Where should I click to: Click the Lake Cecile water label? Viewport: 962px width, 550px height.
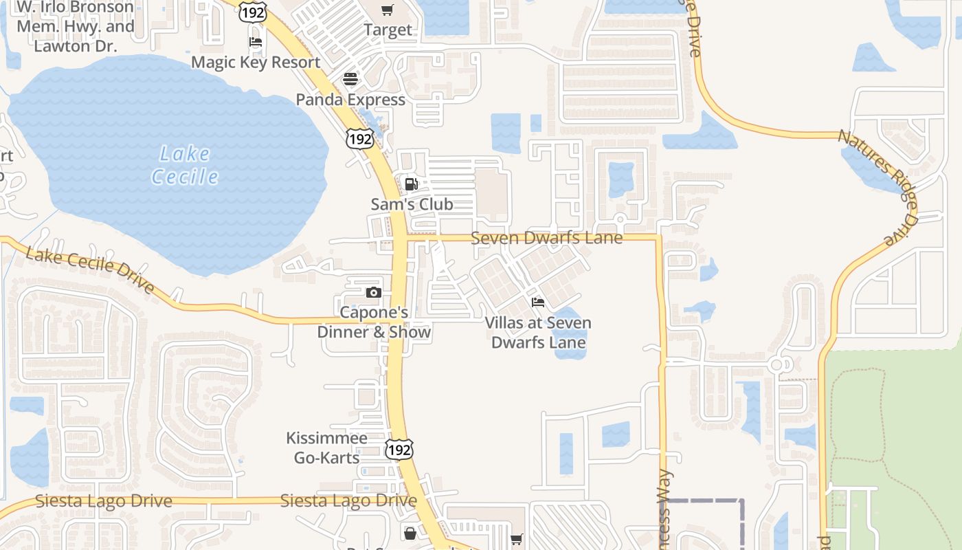(x=184, y=165)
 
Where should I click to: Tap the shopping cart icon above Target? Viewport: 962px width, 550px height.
(x=388, y=10)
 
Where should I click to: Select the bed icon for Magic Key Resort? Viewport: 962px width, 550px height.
(x=256, y=42)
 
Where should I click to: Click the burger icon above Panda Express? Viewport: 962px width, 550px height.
(x=350, y=79)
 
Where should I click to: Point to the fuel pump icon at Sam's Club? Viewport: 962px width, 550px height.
(x=412, y=184)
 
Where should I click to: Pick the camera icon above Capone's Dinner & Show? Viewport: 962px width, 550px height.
(x=373, y=292)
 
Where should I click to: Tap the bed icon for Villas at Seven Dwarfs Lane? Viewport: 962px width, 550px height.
(x=538, y=302)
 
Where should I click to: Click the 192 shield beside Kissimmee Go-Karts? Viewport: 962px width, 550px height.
(x=399, y=450)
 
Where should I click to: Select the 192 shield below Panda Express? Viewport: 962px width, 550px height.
(x=360, y=138)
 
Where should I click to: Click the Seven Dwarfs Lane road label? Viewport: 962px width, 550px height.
(x=547, y=238)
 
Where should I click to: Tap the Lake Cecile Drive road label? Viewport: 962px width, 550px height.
(x=90, y=270)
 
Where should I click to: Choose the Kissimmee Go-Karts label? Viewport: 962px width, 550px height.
(x=326, y=448)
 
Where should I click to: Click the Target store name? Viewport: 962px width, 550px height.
(x=388, y=30)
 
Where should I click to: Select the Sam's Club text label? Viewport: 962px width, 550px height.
(x=412, y=204)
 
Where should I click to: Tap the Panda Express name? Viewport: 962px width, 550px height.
(x=350, y=100)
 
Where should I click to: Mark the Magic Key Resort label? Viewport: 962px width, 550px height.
(x=256, y=62)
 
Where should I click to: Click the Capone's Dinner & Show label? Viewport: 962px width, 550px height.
(x=374, y=322)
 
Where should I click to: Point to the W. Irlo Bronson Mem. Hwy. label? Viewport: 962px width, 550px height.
(x=76, y=27)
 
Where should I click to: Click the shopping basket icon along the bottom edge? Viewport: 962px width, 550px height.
(x=410, y=533)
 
